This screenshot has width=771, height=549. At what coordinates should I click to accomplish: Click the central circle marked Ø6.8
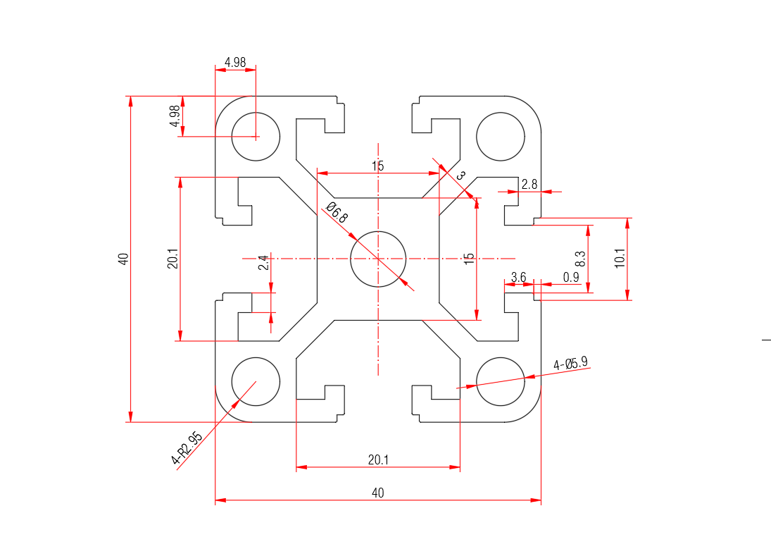click(379, 258)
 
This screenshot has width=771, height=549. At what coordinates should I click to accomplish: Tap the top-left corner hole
click(256, 136)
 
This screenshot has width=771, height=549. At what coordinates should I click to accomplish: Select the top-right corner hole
click(501, 136)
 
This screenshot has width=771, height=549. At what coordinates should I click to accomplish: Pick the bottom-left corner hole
click(256, 381)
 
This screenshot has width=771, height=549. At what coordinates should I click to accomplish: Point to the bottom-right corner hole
click(501, 381)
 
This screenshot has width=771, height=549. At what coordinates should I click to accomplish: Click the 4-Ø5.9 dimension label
click(570, 364)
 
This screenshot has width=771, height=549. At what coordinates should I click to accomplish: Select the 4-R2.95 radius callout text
click(187, 449)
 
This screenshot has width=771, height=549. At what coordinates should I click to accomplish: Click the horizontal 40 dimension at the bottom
click(378, 493)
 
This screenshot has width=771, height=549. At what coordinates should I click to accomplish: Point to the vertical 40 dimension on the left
click(124, 259)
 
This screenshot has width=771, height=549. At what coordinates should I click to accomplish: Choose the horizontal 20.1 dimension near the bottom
click(378, 459)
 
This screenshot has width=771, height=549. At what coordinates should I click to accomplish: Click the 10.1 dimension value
click(620, 258)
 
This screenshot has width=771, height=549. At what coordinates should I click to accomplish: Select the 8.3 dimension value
click(580, 258)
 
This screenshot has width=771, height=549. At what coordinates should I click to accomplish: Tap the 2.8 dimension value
click(529, 184)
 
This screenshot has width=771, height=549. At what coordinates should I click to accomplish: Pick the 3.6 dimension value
click(518, 278)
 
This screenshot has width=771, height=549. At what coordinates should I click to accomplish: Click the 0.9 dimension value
click(571, 278)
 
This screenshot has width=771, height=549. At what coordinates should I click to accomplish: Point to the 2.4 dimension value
click(263, 263)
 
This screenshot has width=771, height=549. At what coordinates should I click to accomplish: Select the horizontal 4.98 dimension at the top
click(235, 62)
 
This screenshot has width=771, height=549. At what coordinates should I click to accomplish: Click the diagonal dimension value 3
click(461, 175)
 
